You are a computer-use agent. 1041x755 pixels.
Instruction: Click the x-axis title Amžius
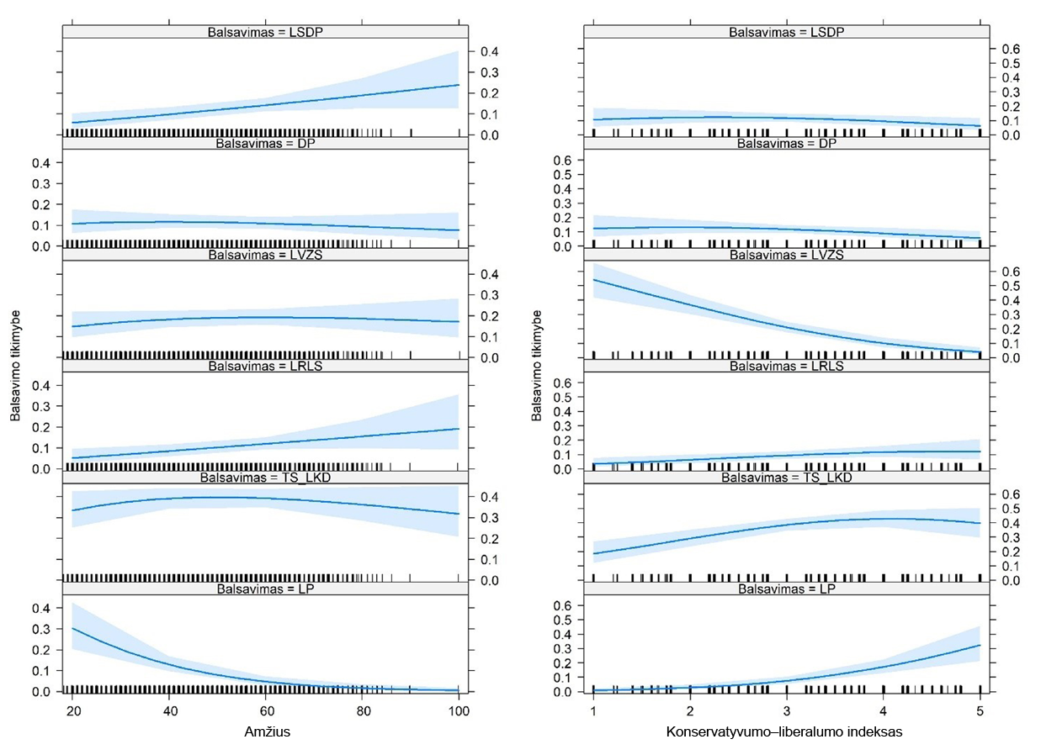tap(264, 732)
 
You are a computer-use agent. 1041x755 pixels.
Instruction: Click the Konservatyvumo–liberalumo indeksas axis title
tap(784, 732)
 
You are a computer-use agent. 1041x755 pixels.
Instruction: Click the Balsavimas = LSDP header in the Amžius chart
tap(264, 32)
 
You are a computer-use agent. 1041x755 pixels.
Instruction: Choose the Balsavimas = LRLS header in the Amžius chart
tap(264, 367)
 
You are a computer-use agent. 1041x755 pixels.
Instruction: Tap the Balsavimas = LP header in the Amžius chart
tap(264, 589)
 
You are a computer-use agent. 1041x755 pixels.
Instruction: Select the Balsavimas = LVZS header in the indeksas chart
tap(786, 255)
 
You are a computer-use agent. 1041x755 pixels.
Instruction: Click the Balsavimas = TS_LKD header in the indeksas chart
tap(786, 478)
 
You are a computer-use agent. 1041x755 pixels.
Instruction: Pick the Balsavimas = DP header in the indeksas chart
tap(786, 144)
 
